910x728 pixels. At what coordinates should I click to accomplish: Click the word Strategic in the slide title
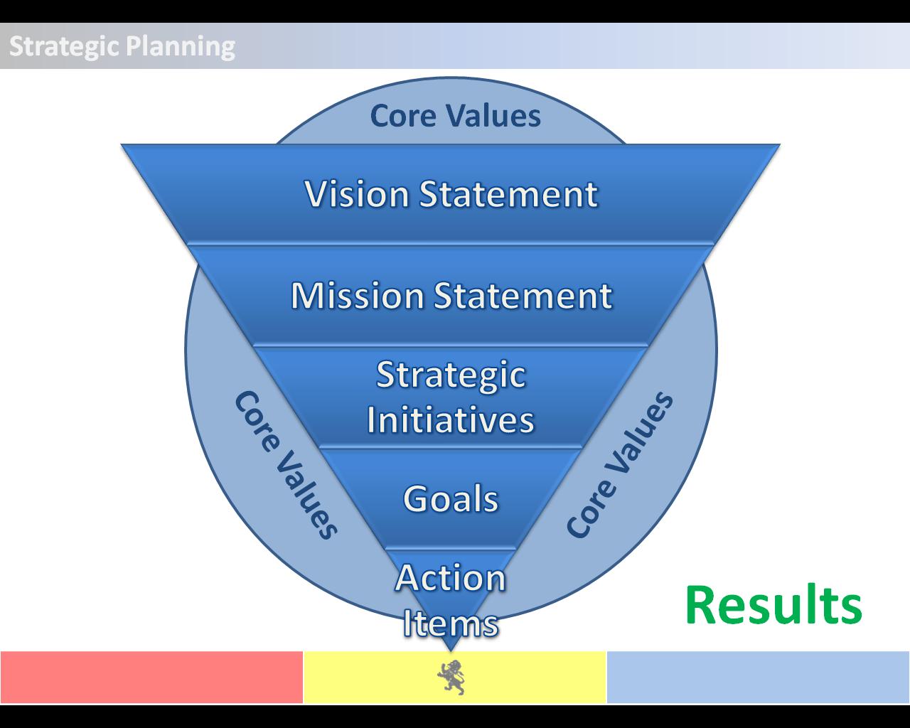(65, 47)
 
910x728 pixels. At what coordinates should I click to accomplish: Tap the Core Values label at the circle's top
(456, 115)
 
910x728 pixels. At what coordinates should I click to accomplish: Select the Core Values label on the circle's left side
(286, 465)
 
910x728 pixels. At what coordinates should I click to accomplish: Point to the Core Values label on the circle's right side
(619, 464)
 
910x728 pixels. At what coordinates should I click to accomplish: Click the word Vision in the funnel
(357, 194)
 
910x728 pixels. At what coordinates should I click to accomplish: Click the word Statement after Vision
(508, 194)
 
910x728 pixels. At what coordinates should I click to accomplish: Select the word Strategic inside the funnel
(451, 376)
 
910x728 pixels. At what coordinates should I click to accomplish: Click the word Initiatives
(451, 419)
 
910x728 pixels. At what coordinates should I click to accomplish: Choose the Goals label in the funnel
(451, 499)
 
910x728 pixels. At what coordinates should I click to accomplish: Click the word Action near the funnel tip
(451, 577)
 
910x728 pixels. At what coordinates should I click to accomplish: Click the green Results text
(773, 604)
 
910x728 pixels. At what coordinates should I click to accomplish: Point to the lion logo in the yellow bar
(451, 678)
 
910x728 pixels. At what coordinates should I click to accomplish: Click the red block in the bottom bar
(152, 678)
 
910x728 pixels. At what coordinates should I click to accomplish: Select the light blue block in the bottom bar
(759, 678)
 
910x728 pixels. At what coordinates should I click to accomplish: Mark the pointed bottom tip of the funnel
(451, 651)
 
